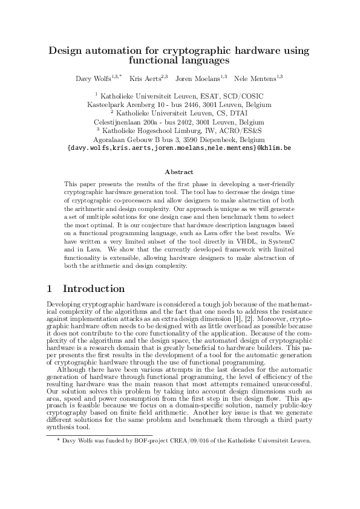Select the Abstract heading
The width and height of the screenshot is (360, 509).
(179, 172)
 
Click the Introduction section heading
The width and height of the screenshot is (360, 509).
(94, 289)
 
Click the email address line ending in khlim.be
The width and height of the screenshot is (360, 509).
(180, 147)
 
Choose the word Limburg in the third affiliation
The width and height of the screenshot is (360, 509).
(194, 130)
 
